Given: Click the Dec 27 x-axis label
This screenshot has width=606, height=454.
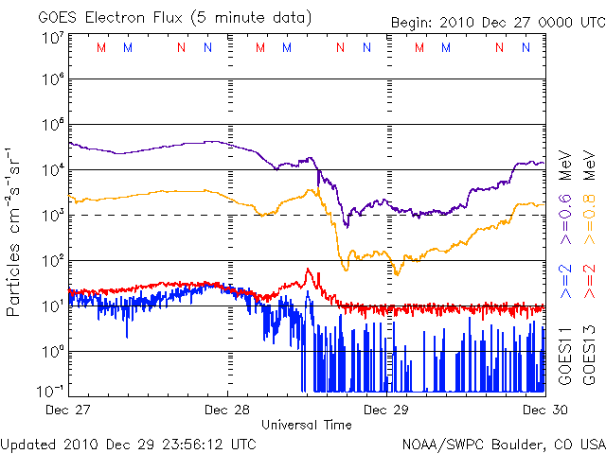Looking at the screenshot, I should pos(68,410).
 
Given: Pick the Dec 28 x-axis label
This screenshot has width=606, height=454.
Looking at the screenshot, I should pos(227,410).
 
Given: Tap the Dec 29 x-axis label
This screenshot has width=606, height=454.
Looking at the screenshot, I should pos(387,410).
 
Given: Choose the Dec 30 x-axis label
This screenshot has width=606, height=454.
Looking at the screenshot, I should pos(544,410).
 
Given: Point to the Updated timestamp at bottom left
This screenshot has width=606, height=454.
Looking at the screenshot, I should pos(128,443).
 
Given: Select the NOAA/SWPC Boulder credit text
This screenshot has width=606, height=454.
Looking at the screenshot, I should pos(503,443).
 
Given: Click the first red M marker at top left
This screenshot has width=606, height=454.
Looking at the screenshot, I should pos(101,46).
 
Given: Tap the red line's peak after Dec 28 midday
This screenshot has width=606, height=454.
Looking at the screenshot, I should pos(308,270).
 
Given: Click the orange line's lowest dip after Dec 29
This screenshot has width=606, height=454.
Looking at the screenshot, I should pos(397,273).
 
